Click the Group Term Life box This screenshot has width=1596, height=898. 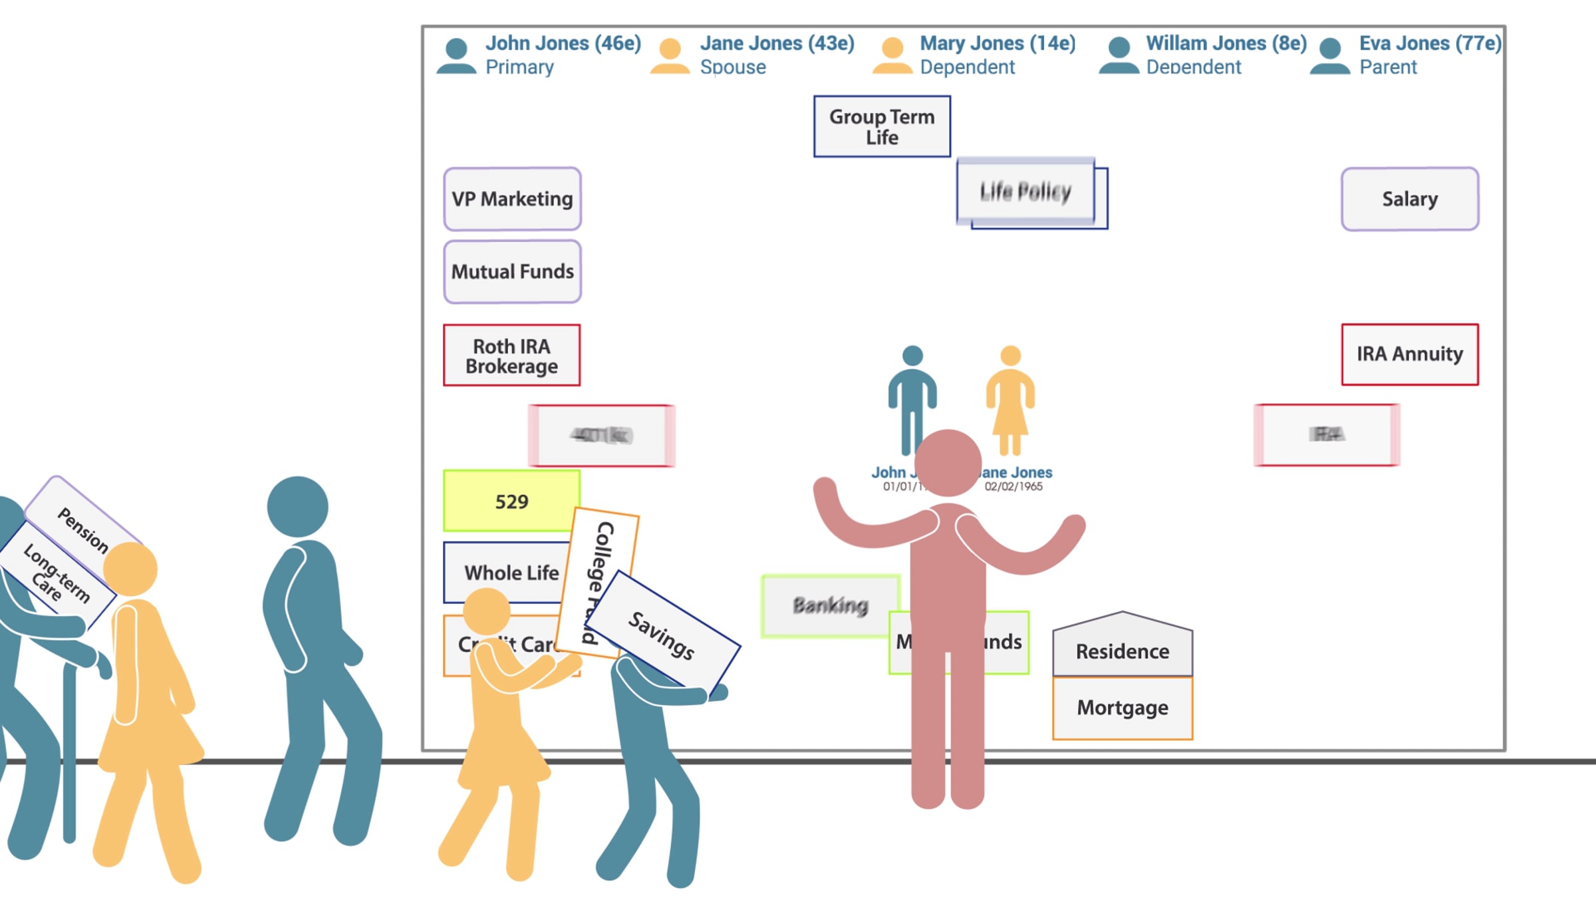[x=882, y=126]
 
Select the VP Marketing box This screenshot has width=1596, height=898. [x=512, y=199]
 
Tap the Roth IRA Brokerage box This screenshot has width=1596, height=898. [x=511, y=355]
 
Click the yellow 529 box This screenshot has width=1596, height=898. [x=511, y=501]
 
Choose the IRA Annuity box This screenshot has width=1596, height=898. [x=1410, y=354]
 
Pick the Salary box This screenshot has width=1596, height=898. [x=1410, y=199]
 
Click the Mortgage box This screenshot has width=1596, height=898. [x=1123, y=708]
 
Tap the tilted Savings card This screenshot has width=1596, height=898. [x=662, y=635]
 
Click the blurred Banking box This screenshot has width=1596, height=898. [x=830, y=605]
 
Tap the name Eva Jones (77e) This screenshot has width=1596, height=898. [x=1430, y=43]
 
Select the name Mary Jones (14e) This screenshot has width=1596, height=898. [x=997, y=43]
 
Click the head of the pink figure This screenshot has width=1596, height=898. [x=948, y=462]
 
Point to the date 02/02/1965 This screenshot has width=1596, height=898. [x=1013, y=487]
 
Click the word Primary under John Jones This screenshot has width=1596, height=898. [x=519, y=67]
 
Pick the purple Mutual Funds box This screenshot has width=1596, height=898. [x=512, y=271]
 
